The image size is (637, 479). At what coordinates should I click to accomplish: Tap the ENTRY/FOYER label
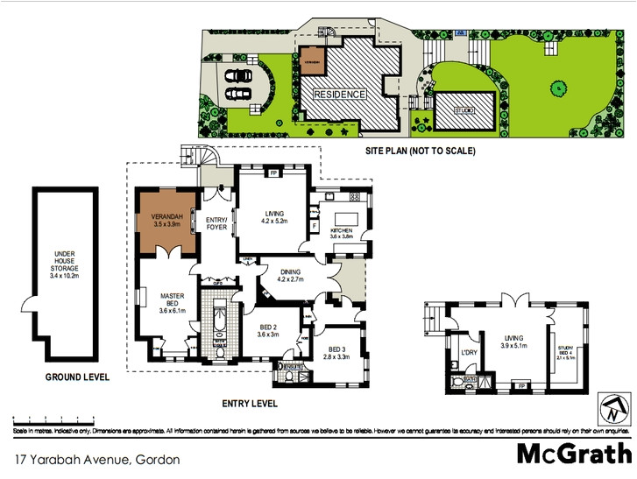click(216, 223)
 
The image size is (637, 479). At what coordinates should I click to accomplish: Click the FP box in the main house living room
click(273, 173)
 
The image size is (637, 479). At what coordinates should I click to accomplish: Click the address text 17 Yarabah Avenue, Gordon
click(96, 459)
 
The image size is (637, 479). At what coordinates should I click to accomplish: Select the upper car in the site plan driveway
click(237, 74)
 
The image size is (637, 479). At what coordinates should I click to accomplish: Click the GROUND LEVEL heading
click(77, 377)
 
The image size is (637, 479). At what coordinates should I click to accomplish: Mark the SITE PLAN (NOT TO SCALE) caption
click(421, 151)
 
